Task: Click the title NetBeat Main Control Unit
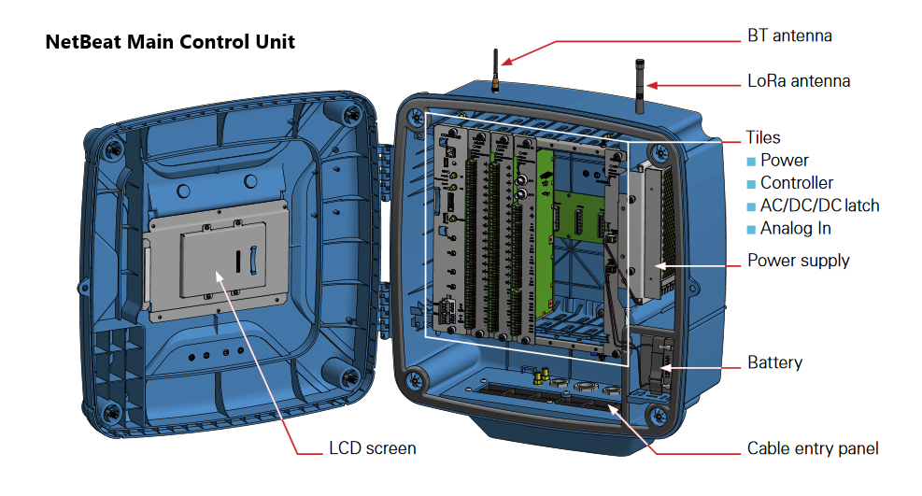pyautogui.click(x=170, y=42)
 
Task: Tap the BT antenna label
pyautogui.click(x=788, y=36)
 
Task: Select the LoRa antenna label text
pyautogui.click(x=799, y=81)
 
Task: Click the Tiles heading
pyautogui.click(x=763, y=137)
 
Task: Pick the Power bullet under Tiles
pyautogui.click(x=784, y=161)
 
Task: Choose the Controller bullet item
pyautogui.click(x=796, y=183)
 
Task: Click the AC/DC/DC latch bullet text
pyautogui.click(x=819, y=205)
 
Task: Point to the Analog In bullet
pyautogui.click(x=795, y=229)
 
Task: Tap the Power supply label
pyautogui.click(x=798, y=261)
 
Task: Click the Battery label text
pyautogui.click(x=774, y=362)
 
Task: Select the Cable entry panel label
pyautogui.click(x=812, y=449)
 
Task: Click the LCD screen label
pyautogui.click(x=372, y=448)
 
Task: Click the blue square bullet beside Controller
pyautogui.click(x=751, y=184)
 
